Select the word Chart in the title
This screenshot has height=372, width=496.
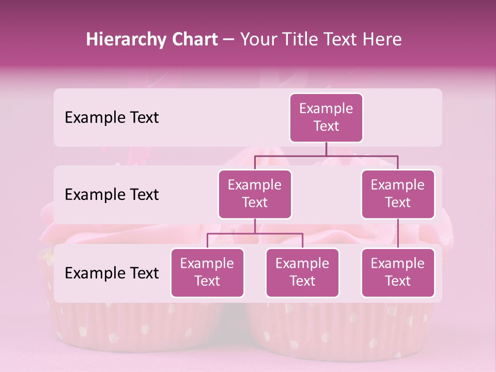tap(192, 40)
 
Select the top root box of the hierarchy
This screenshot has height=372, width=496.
tap(326, 118)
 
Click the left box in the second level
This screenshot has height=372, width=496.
tap(255, 194)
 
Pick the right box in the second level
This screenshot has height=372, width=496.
tap(398, 194)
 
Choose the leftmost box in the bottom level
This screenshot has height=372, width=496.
tap(207, 272)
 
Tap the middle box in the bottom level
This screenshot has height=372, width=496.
tap(302, 272)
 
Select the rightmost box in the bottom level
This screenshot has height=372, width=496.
tap(398, 272)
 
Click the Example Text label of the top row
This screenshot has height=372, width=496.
tap(112, 118)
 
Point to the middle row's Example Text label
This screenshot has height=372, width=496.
tap(112, 195)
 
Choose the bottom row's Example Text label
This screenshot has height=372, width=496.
tap(112, 273)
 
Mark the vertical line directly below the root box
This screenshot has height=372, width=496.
tap(326, 149)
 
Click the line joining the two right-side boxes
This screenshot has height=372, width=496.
tap(398, 234)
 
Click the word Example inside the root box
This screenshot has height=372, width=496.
tap(326, 109)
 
